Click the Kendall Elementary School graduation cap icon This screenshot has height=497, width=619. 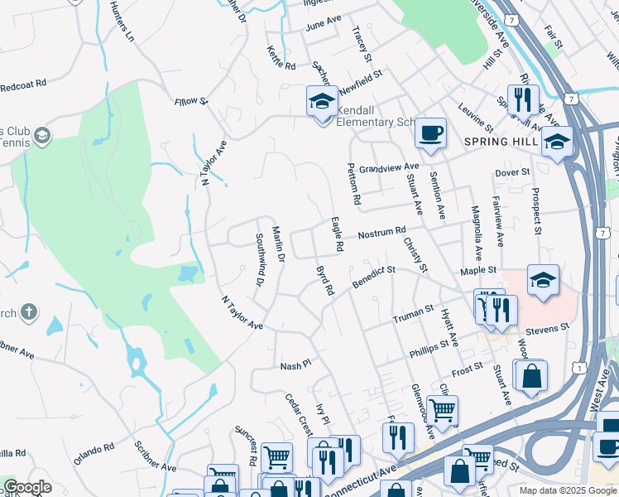321,102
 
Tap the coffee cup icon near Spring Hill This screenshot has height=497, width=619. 429,133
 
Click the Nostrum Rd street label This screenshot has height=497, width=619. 381,234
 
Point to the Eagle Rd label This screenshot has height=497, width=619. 337,234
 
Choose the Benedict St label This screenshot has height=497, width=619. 374,276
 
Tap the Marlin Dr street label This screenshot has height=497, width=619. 278,246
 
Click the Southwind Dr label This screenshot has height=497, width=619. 259,259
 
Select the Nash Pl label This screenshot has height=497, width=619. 295,364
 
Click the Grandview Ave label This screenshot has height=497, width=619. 388,167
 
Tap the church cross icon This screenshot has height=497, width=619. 29,312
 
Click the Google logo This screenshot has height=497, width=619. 27,487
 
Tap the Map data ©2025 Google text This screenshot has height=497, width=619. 568,490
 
